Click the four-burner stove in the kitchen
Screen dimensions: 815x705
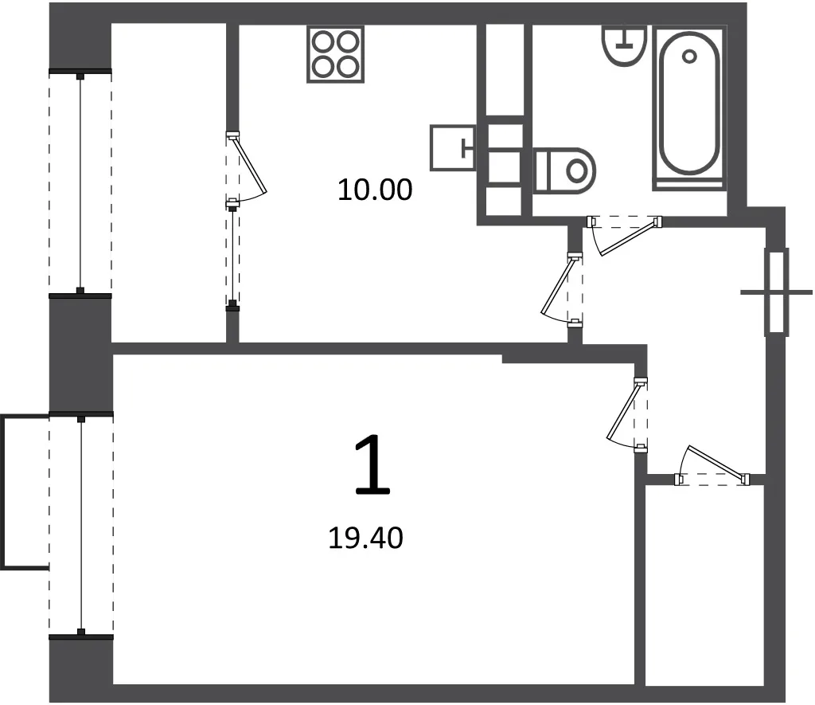pos(335,54)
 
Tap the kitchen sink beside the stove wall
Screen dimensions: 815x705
pos(453,147)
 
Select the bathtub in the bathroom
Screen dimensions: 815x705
pos(689,109)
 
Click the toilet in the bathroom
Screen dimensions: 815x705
pos(564,170)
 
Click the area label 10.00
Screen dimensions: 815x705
pos(375,190)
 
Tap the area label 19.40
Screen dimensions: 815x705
pos(365,538)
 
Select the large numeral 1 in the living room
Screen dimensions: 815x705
pos(372,466)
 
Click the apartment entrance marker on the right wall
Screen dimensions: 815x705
pos(777,292)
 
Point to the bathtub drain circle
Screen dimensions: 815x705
pos(690,57)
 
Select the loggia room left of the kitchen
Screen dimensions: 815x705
pos(169,183)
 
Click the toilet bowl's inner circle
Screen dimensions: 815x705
pos(576,170)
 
